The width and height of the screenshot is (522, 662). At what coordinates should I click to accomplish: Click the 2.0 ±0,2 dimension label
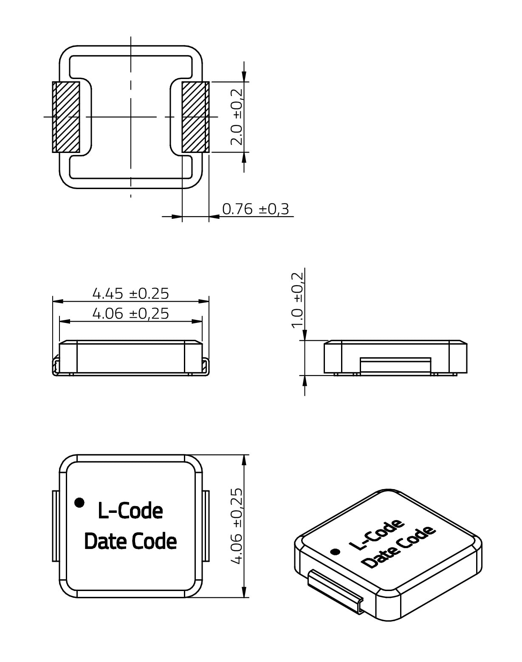(237, 117)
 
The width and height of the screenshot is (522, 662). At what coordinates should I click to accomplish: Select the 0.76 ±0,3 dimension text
(256, 209)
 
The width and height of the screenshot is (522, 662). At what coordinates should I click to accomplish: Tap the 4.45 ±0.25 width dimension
(131, 293)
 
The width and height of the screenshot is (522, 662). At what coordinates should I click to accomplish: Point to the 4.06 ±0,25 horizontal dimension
(131, 314)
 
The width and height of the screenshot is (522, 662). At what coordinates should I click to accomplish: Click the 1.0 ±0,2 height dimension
(298, 300)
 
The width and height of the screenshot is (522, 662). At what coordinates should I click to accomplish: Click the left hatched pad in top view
(66, 117)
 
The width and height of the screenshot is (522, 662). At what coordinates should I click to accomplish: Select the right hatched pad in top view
(195, 117)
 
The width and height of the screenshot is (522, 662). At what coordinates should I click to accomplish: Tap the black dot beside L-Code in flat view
(79, 502)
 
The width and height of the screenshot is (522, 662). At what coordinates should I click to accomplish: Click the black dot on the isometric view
(336, 552)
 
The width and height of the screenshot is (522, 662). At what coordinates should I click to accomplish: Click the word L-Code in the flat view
(130, 511)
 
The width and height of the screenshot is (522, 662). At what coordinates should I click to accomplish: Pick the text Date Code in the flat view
(130, 541)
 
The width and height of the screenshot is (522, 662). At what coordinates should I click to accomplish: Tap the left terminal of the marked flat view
(55, 526)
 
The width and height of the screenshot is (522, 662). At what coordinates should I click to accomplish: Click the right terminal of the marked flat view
(206, 526)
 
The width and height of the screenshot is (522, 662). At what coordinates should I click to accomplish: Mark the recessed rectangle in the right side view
(395, 365)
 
